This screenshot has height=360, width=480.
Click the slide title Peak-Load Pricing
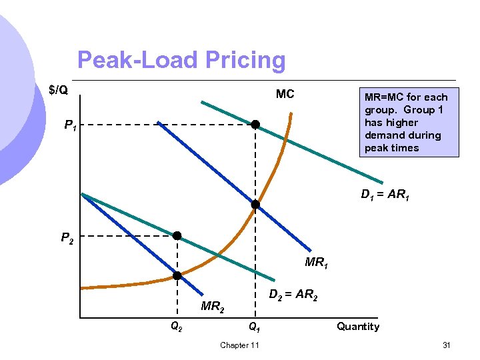[x=181, y=61]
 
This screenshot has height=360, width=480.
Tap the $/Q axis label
[x=59, y=90]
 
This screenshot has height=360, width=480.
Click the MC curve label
[x=285, y=94]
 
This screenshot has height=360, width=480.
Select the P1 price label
[x=70, y=125]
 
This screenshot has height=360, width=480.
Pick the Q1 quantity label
[x=255, y=327]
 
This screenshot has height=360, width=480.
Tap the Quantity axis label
[x=358, y=326]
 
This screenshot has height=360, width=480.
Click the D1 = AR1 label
[x=385, y=195]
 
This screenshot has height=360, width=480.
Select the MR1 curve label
[x=317, y=263]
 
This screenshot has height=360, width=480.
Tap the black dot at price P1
[x=255, y=125]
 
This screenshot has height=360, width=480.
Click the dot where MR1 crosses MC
[x=255, y=205]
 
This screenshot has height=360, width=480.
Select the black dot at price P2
[x=177, y=235]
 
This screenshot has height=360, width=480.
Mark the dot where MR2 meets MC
[x=177, y=275]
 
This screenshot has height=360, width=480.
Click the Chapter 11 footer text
[x=239, y=345]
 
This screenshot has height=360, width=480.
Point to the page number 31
[x=447, y=345]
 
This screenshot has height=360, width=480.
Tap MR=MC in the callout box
[x=383, y=97]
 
